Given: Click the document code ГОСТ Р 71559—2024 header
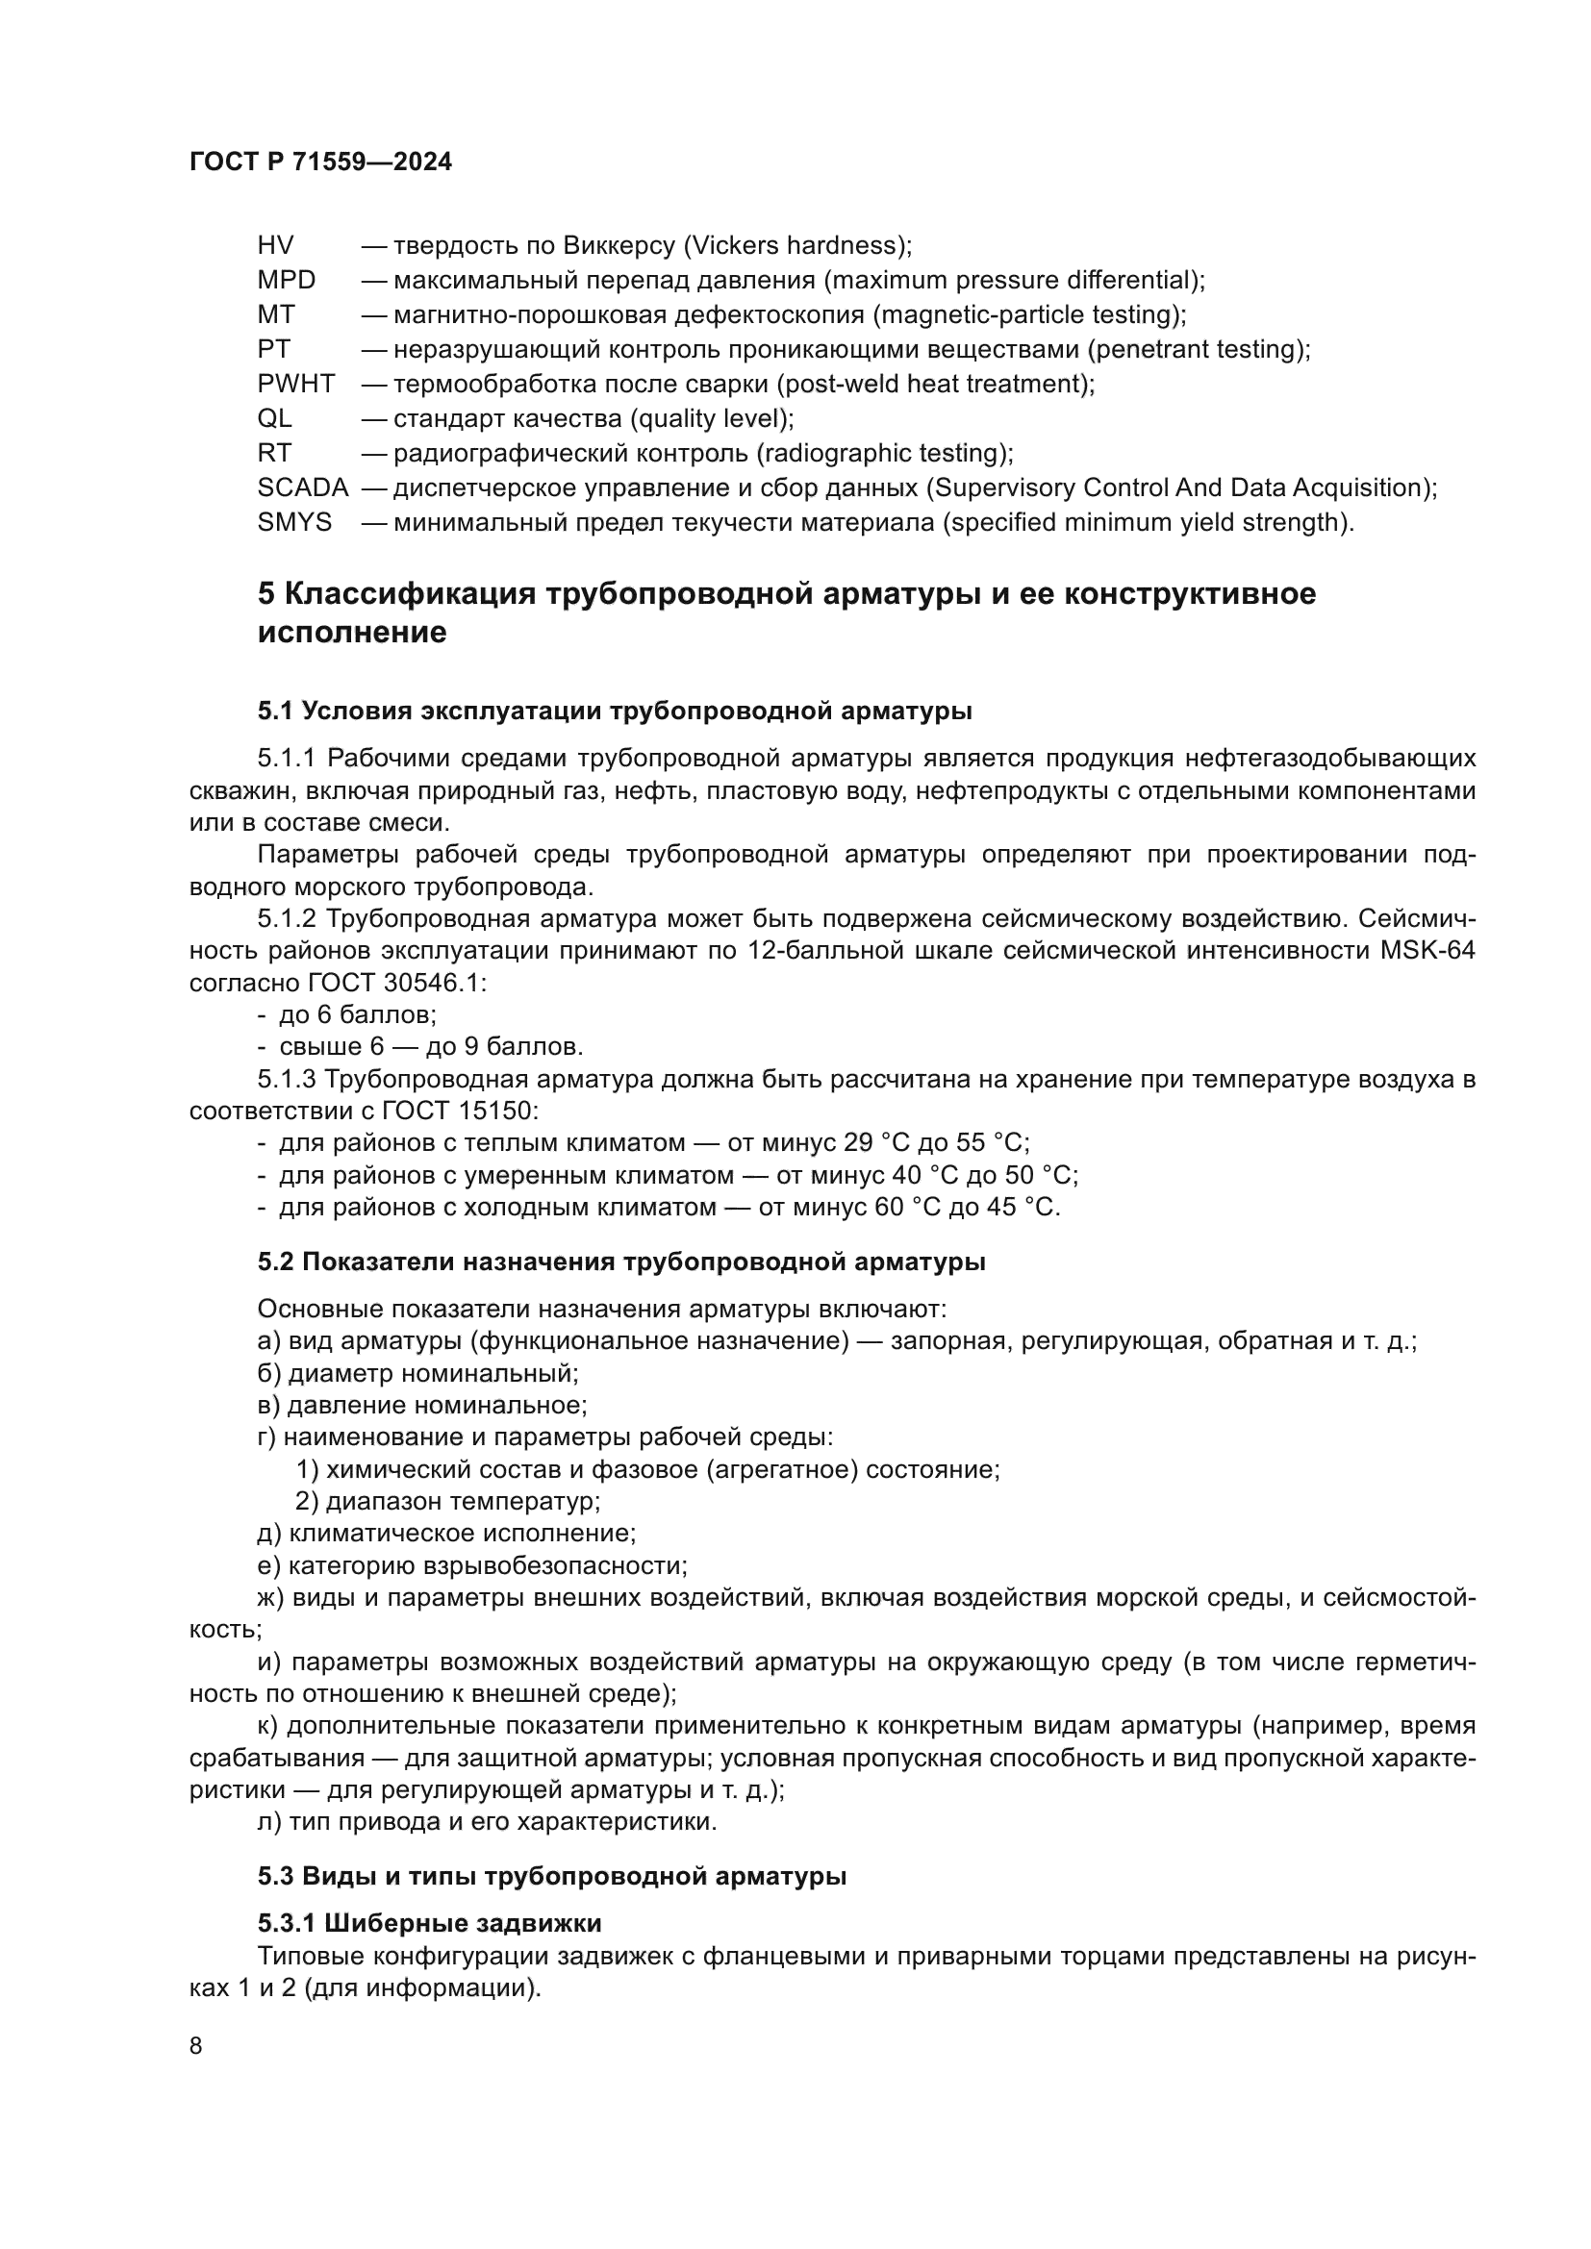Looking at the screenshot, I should [320, 162].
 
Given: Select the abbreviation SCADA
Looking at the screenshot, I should [303, 487].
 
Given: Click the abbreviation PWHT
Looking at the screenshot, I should [296, 384].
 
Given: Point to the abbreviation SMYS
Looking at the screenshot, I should [294, 522].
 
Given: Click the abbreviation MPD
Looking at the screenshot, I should [286, 280].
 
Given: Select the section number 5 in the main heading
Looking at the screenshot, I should [265, 594].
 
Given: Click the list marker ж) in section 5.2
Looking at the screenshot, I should [270, 1598].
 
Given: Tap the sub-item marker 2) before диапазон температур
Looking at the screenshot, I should [307, 1501].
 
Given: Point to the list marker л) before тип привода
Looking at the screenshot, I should [268, 1822].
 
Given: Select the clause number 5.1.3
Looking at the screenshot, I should [286, 1080].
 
